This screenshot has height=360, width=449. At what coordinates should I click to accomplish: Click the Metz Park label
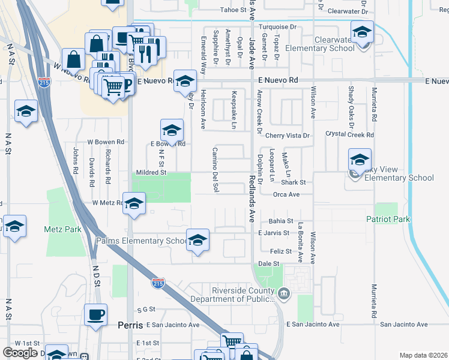coord(62,229)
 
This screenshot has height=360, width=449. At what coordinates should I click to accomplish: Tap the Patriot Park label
coord(388,219)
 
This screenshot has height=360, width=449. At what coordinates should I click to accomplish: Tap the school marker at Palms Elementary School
coord(197,241)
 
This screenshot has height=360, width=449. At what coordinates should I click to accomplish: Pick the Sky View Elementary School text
coord(397,178)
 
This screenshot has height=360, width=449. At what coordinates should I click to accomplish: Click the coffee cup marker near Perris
coord(95,314)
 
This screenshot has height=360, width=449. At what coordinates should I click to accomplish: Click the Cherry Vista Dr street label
coord(288,136)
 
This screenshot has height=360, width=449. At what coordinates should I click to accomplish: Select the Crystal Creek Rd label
coord(349,134)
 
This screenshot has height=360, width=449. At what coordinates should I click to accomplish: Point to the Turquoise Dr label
coord(277,27)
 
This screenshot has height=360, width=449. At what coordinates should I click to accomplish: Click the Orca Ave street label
coord(286,194)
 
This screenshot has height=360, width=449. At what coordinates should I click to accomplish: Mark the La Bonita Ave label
coord(300,242)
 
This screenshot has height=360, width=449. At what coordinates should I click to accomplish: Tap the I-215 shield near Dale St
coord(158,282)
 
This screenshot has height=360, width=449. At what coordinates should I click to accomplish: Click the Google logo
coord(20,353)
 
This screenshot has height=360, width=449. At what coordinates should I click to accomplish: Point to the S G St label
coord(146,310)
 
